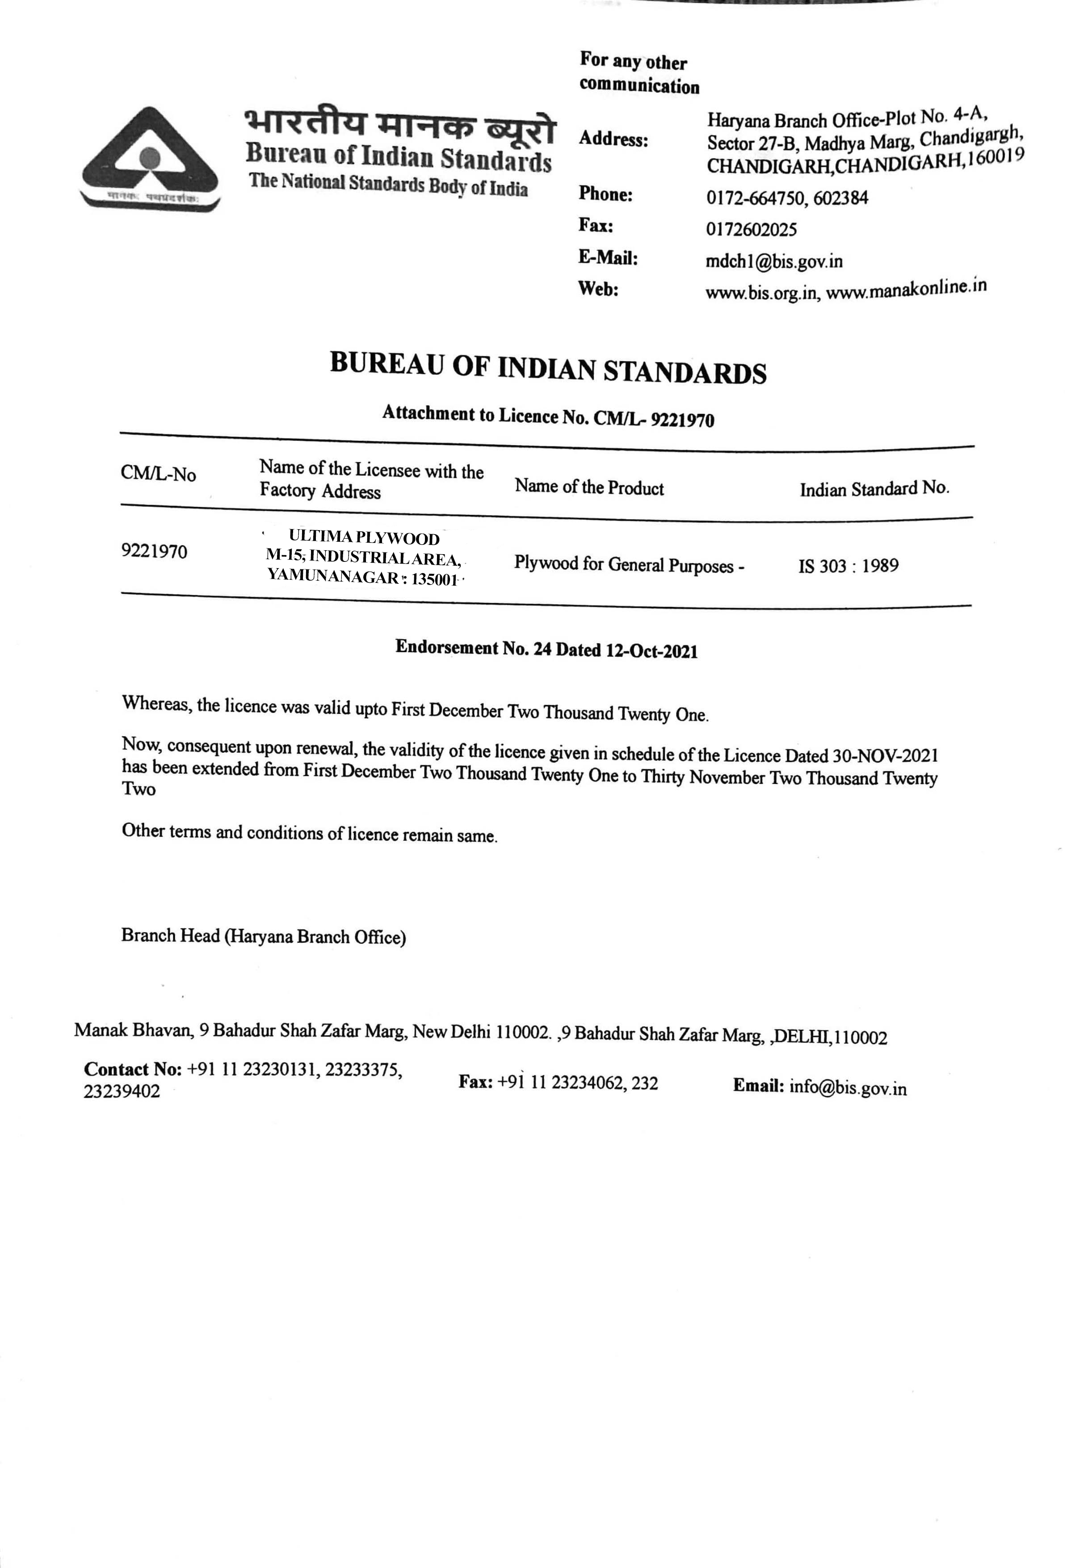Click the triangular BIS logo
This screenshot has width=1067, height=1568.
click(x=150, y=159)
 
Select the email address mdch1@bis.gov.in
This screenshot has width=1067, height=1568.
click(x=773, y=261)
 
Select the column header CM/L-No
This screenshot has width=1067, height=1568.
click(x=159, y=474)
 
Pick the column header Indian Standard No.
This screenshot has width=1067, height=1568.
click(x=874, y=489)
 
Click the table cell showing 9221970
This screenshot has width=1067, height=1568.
click(x=155, y=552)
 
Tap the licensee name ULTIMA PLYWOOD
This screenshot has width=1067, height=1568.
click(x=364, y=538)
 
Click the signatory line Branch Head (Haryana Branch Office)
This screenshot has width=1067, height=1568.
click(x=263, y=936)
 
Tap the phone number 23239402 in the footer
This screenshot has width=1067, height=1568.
click(x=122, y=1091)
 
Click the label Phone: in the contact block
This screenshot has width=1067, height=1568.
click(x=605, y=194)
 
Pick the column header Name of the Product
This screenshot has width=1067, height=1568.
click(x=589, y=487)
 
